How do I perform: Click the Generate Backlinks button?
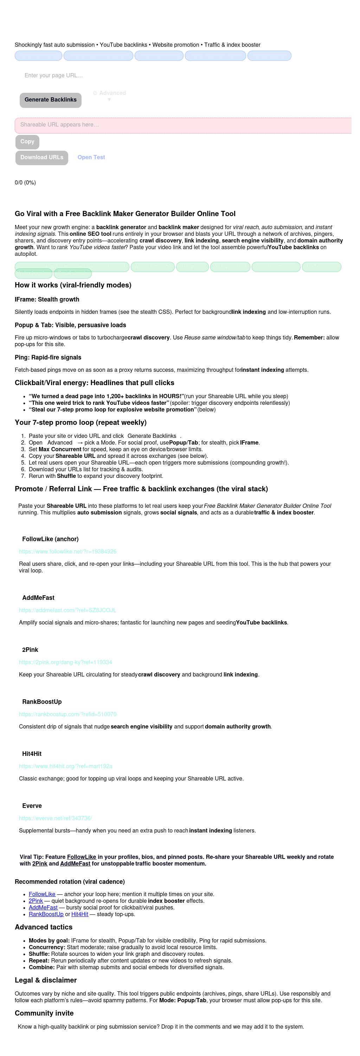pyautogui.click(x=50, y=99)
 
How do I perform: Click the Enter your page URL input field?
pyautogui.click(x=123, y=76)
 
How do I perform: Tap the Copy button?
pyautogui.click(x=27, y=142)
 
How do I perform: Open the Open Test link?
pyautogui.click(x=91, y=157)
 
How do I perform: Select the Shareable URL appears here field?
pyautogui.click(x=183, y=125)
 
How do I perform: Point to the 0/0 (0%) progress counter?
pyautogui.click(x=25, y=183)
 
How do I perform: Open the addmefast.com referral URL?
pyautogui.click(x=67, y=610)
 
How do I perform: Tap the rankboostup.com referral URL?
pyautogui.click(x=67, y=714)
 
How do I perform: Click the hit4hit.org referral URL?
pyautogui.click(x=66, y=766)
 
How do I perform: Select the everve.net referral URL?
pyautogui.click(x=55, y=819)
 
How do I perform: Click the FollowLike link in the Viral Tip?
pyautogui.click(x=82, y=857)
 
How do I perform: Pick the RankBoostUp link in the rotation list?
pyautogui.click(x=46, y=915)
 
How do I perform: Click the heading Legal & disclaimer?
pyautogui.click(x=45, y=980)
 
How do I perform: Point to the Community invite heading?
pyautogui.click(x=44, y=1013)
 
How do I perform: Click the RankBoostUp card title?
pyautogui.click(x=42, y=702)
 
